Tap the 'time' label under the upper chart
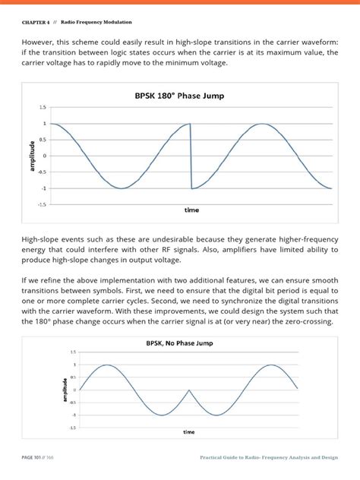point(192,209)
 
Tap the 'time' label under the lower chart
point(188,431)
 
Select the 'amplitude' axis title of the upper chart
point(32,155)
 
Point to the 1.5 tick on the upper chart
point(43,107)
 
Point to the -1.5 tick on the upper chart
point(42,204)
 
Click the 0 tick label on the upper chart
point(45,156)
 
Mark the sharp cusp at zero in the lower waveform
point(189,390)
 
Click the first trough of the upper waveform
point(121,188)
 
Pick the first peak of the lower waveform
point(107,365)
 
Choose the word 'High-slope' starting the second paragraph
point(45,239)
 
